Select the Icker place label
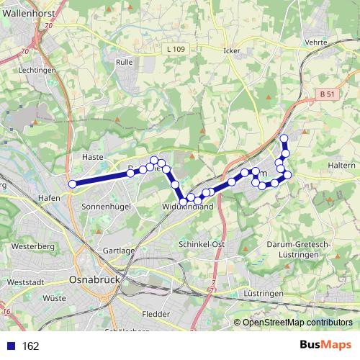231,51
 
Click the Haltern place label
342,166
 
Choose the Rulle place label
124,63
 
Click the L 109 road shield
175,49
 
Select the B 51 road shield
327,94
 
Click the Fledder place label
156,314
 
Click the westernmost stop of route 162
72,184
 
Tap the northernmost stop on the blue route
284,138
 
